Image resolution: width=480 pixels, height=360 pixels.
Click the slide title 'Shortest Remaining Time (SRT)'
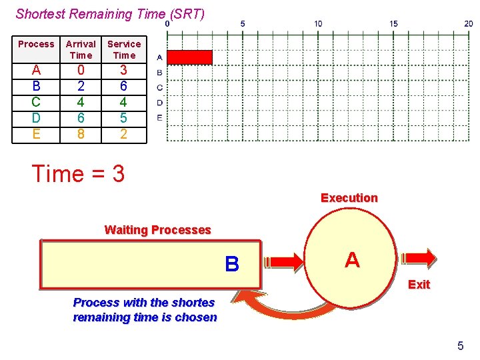pos(110,13)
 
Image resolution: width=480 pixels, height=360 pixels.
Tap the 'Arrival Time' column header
pos(81,49)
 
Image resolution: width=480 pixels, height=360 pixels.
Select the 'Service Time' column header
pos(124,49)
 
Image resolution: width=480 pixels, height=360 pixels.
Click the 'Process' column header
pos(36,44)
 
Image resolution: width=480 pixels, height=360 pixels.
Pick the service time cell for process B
pos(124,86)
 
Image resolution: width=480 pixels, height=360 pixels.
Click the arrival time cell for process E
pos(81,133)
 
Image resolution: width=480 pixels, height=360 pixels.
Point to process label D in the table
pos(36,117)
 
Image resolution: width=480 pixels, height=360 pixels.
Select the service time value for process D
pos(124,117)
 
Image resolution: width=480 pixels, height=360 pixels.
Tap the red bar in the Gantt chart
pos(189,57)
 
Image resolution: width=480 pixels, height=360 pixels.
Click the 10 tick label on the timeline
pos(318,23)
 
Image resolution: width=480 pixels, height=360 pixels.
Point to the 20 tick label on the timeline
pos(469,23)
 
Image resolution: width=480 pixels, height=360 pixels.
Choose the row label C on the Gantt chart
pos(159,87)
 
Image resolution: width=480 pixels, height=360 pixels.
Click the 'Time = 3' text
pos(79,174)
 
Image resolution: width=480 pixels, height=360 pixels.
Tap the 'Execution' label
pos(349,198)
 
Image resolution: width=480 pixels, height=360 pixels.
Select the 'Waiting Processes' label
pos(157,230)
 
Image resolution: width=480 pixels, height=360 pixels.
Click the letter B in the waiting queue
pos(232,265)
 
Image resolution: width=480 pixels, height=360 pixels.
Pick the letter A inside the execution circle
pos(352,260)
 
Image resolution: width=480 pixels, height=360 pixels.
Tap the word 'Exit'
pos(419,285)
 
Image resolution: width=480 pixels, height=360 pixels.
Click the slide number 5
pos(460,345)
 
